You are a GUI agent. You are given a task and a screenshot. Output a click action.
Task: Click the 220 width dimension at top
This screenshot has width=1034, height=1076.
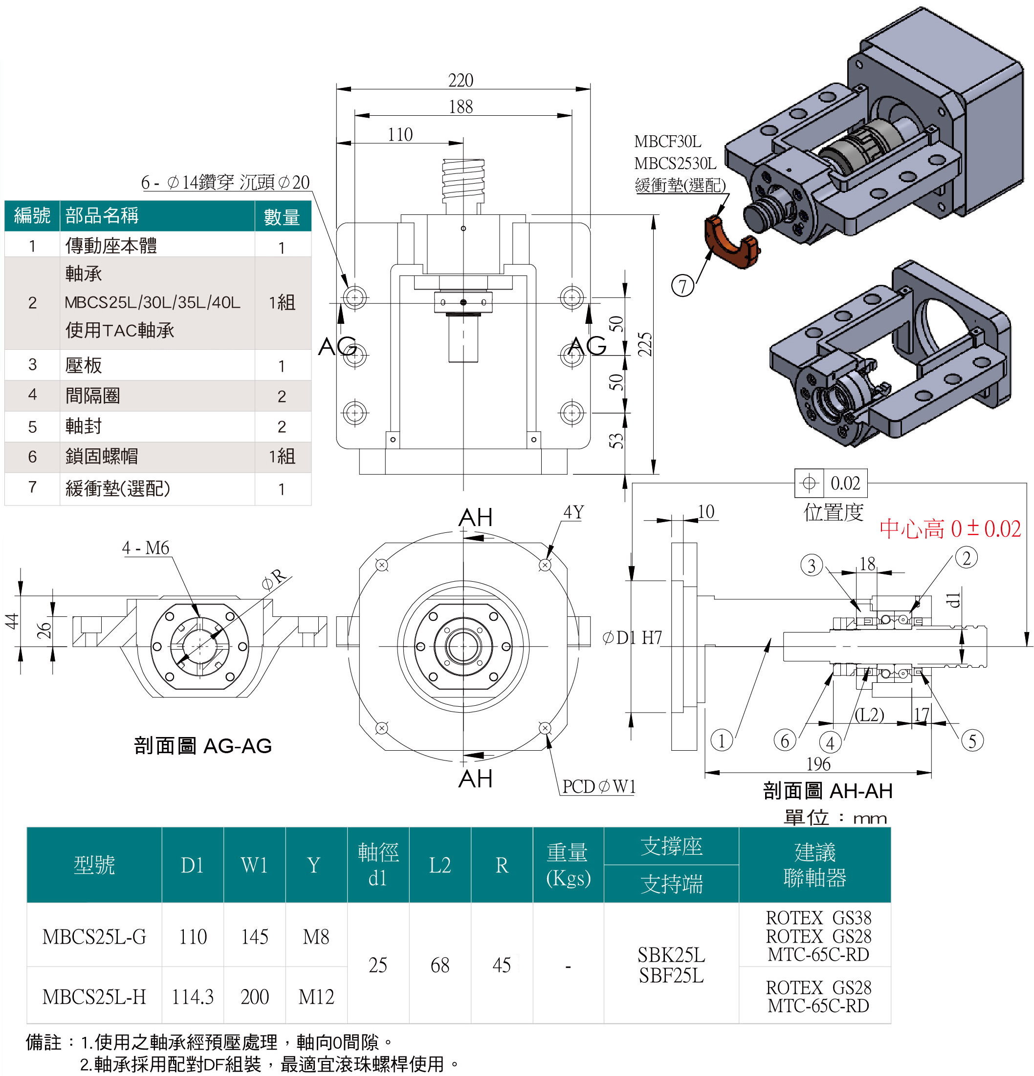(461, 81)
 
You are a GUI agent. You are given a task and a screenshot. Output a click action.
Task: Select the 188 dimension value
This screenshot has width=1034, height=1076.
(461, 106)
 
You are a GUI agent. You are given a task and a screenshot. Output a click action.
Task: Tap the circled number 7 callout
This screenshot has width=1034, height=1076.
(683, 286)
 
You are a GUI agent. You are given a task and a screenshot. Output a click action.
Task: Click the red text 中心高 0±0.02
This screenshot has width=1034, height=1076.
(950, 528)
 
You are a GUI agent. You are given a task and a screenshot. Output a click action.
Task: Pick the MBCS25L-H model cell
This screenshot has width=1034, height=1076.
(94, 996)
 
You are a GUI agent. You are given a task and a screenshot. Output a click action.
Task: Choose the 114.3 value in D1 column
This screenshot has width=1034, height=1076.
(192, 996)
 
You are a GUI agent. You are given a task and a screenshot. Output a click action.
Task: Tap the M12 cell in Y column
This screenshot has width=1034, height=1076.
(316, 996)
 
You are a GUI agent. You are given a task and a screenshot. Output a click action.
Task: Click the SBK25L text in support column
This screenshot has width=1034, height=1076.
(671, 956)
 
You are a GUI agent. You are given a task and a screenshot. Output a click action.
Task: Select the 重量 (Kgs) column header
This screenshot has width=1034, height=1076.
(568, 865)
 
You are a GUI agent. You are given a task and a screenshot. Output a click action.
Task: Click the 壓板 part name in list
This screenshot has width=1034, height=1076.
(84, 365)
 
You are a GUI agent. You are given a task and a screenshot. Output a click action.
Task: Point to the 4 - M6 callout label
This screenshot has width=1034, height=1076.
(146, 548)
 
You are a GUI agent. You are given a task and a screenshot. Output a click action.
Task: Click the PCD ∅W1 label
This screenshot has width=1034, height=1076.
(599, 787)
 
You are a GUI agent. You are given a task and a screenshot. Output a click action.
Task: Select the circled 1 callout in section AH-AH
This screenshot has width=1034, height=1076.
(722, 740)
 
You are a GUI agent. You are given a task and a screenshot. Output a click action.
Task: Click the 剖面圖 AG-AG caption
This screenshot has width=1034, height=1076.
(203, 745)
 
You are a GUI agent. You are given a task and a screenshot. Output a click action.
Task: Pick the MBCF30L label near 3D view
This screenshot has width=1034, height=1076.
(667, 142)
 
